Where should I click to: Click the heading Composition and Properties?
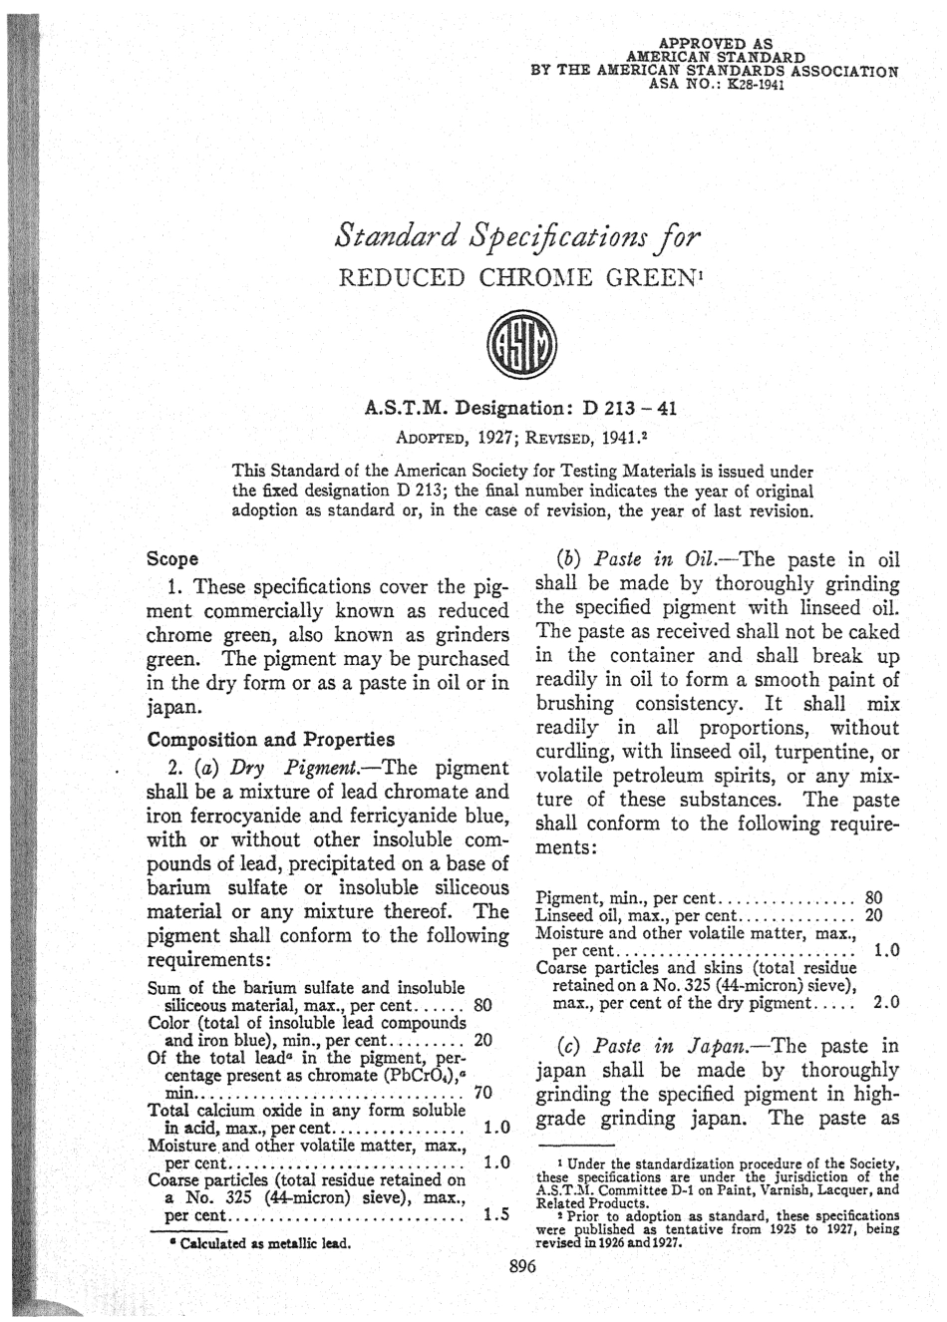pos(270,740)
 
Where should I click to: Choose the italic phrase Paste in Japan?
pos(660,1047)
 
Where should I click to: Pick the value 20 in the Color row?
pos(483,1039)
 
